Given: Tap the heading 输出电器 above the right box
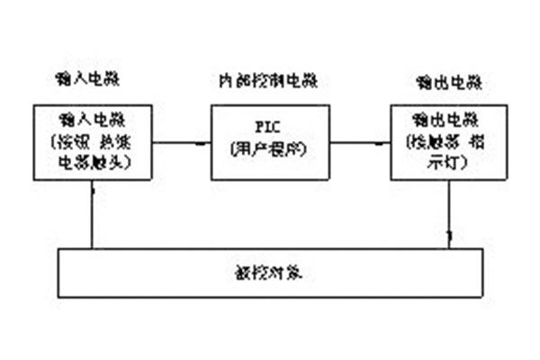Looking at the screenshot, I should coord(444,84).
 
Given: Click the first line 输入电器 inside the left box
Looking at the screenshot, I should coord(94,119).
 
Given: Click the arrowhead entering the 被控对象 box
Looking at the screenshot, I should coord(449,239).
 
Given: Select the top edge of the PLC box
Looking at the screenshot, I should coord(268,104).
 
